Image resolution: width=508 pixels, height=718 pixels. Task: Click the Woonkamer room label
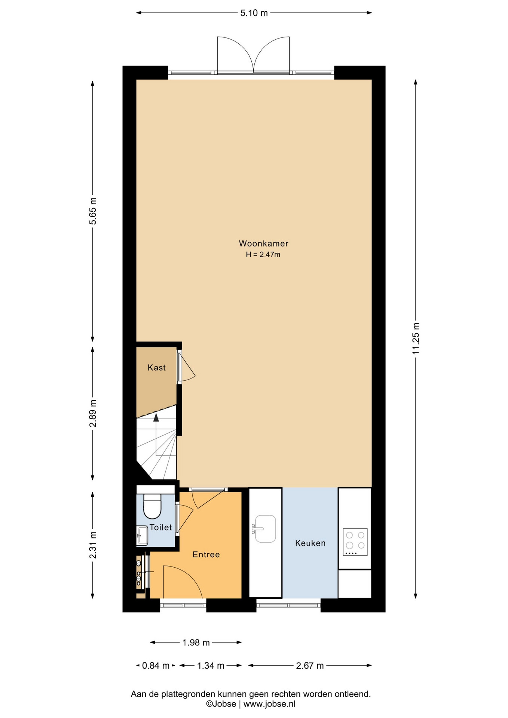click(x=264, y=243)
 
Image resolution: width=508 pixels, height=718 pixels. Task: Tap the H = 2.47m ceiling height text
click(x=263, y=255)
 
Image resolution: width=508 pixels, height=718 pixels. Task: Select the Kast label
click(x=156, y=368)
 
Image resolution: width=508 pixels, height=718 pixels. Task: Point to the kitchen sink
click(x=265, y=529)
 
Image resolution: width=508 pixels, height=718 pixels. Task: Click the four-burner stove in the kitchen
click(x=355, y=542)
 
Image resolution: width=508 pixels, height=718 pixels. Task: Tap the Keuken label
click(x=310, y=543)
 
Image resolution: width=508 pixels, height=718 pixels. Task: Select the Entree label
click(x=206, y=555)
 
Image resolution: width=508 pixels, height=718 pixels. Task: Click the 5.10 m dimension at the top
click(x=254, y=13)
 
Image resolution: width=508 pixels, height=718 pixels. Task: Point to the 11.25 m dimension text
click(x=416, y=338)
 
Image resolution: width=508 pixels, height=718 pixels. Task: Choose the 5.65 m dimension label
click(x=93, y=211)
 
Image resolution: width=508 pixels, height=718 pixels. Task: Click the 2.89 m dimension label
click(x=93, y=413)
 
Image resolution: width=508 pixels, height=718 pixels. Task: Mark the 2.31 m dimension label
click(x=93, y=545)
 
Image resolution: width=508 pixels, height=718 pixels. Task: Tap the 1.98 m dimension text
click(x=196, y=642)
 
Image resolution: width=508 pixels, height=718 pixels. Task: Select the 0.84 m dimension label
click(x=156, y=666)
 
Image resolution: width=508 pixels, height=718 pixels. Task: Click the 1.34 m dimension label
click(x=211, y=666)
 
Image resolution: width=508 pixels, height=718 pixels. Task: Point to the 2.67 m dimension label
click(x=310, y=666)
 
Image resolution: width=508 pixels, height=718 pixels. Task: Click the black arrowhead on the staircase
click(x=156, y=417)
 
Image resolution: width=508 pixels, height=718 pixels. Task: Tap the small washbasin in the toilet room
click(x=142, y=536)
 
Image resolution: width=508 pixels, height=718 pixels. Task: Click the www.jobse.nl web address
click(x=269, y=704)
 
